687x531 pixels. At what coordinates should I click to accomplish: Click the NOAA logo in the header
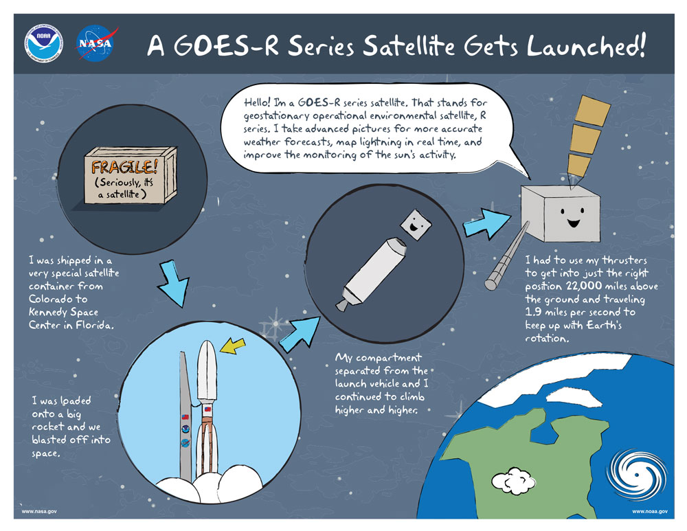point(43,43)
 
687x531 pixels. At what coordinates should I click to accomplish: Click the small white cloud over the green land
point(514,481)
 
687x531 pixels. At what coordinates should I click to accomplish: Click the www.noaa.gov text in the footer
point(649,512)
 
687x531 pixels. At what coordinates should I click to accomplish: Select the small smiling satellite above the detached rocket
point(414,222)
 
